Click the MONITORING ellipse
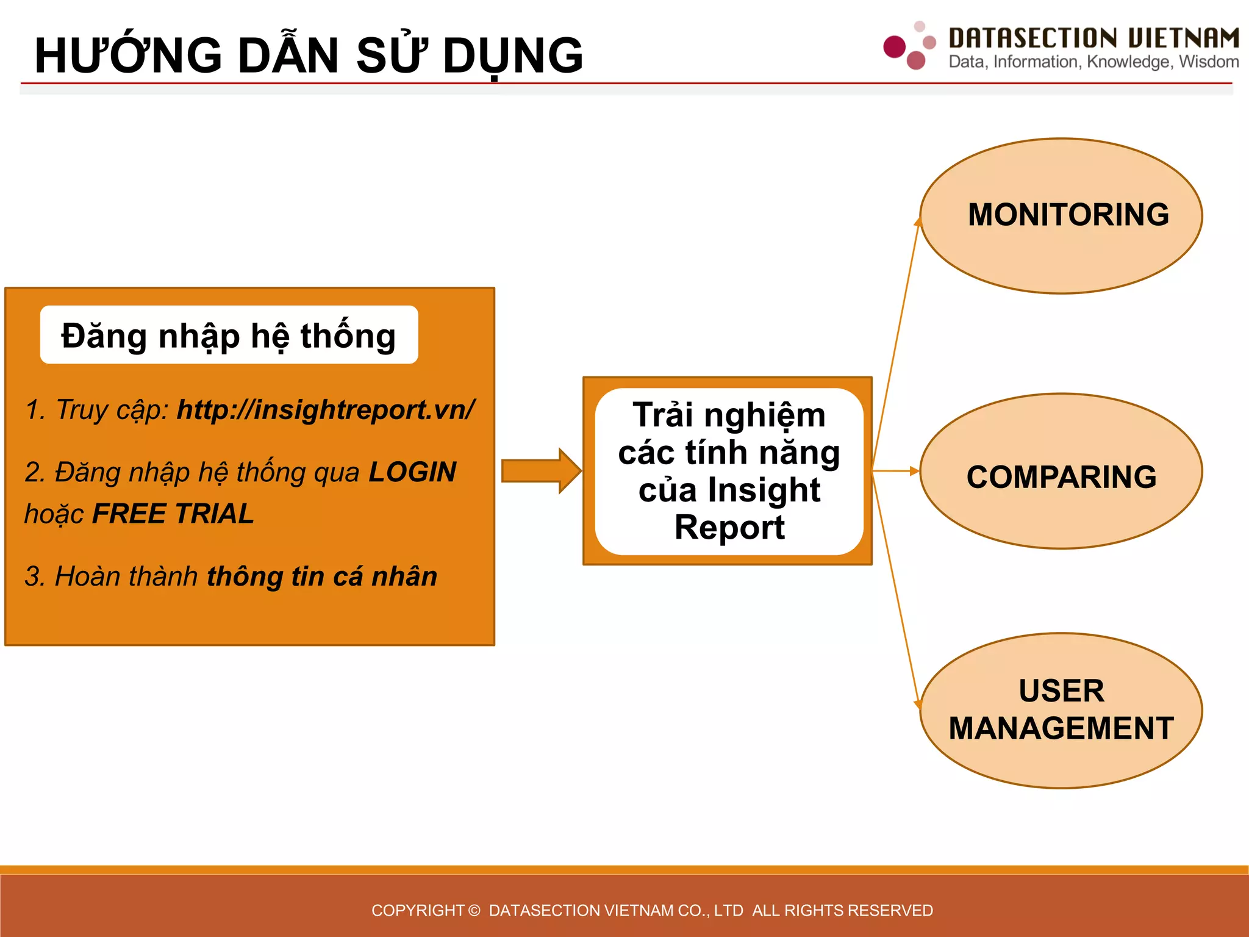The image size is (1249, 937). pos(1061,215)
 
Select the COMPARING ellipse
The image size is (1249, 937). pos(1061,472)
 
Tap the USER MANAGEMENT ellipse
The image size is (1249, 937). pos(1061,711)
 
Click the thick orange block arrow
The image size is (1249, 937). pos(540,471)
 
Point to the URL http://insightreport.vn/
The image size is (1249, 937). pos(325,409)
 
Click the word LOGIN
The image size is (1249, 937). pos(413,472)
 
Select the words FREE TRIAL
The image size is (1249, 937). pos(173,514)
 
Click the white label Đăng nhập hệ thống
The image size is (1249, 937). pos(229,336)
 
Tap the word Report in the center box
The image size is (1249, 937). pos(729,528)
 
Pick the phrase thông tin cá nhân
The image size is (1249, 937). pos(322,576)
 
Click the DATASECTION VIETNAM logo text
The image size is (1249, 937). pos(1093,38)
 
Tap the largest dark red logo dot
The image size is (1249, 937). pos(895,47)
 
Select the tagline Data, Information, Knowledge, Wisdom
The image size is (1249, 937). pos(1093,62)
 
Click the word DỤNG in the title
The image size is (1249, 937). pos(513,56)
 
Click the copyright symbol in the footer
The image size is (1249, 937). pos(474,911)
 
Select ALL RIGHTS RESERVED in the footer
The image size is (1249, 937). pos(842,911)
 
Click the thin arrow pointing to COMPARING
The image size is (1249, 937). pos(895,471)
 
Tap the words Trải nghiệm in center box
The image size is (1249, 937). pos(729,415)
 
